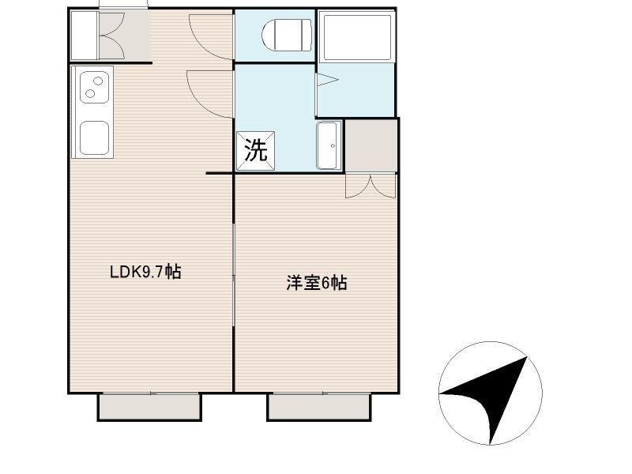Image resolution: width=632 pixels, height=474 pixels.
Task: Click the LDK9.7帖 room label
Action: point(145,273)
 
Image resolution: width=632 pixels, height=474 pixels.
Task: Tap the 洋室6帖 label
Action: point(316,283)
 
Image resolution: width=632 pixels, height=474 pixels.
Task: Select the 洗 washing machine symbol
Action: point(255,150)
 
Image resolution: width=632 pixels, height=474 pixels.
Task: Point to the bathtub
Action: point(356,36)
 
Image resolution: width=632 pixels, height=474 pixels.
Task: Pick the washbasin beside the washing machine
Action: point(329,145)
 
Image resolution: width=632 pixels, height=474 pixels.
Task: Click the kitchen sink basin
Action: point(94,138)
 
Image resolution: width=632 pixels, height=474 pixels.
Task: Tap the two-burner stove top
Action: point(93,87)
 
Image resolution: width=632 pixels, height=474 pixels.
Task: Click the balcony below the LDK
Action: point(149,407)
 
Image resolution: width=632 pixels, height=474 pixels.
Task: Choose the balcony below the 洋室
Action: point(319,407)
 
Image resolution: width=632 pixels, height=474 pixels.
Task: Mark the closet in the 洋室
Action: point(371,145)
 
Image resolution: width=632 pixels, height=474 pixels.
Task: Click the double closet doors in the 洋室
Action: point(370,184)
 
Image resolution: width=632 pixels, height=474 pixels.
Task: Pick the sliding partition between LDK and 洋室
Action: point(234,276)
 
